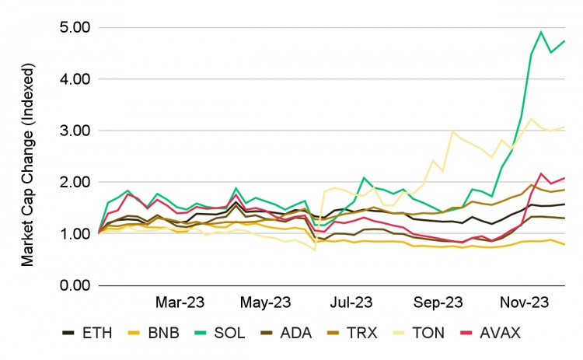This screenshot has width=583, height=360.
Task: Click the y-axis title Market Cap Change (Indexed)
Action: tap(28, 156)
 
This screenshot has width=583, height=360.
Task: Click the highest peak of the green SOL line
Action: tap(541, 33)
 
